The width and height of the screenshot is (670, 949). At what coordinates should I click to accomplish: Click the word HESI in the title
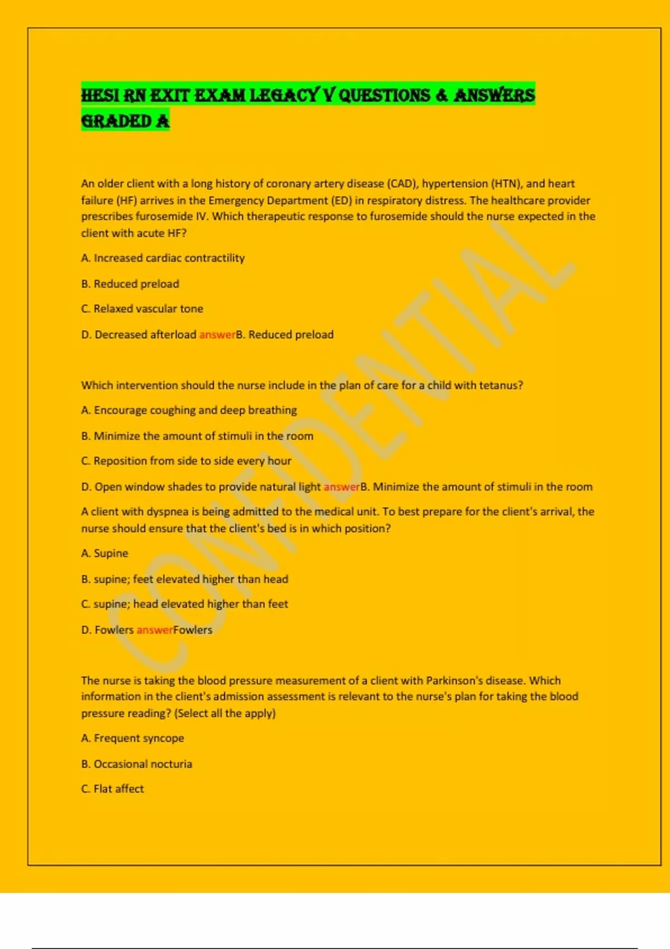[100, 95]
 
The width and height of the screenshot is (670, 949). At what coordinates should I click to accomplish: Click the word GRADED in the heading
[116, 121]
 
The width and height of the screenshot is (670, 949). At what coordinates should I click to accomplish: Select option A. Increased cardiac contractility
[163, 258]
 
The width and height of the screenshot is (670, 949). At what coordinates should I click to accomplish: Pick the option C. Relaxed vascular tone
[142, 309]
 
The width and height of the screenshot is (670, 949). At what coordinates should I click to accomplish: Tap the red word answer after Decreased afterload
[217, 335]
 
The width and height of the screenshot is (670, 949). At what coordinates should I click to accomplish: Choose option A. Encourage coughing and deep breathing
[189, 410]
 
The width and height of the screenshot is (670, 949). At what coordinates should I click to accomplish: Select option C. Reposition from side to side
[186, 461]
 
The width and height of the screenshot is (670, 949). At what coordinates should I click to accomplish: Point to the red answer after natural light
[342, 487]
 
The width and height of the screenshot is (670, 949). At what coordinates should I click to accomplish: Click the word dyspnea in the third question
[167, 512]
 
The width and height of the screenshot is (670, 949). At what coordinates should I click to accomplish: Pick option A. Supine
[104, 553]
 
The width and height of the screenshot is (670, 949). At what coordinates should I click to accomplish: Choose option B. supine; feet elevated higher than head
[184, 579]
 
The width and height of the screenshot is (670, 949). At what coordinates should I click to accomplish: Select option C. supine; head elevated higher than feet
[184, 604]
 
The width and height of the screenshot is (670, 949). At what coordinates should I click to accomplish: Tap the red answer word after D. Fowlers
[155, 630]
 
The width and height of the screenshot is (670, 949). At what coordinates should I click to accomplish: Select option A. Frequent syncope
[132, 738]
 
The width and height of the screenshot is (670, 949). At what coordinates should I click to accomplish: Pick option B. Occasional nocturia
[136, 764]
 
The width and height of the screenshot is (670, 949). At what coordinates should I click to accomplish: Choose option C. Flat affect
[112, 789]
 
